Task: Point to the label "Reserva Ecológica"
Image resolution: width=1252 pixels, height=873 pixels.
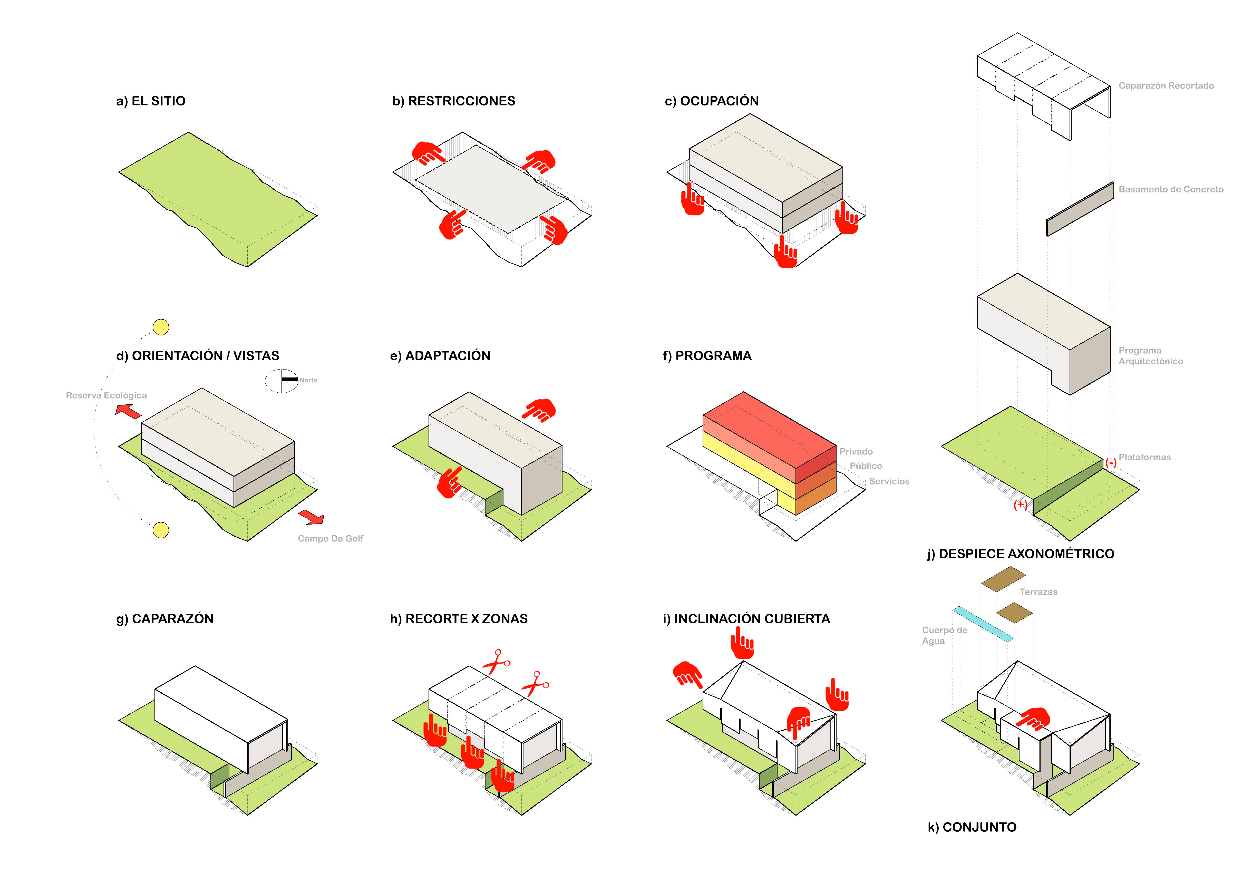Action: pyautogui.click(x=106, y=395)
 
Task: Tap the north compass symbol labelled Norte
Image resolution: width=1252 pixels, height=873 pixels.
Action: pyautogui.click(x=281, y=381)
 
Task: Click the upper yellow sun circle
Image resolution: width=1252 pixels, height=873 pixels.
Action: pyautogui.click(x=161, y=327)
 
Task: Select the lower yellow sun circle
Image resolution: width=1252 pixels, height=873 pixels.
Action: pyautogui.click(x=161, y=530)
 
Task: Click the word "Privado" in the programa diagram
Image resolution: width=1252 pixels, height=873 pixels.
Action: pyautogui.click(x=856, y=451)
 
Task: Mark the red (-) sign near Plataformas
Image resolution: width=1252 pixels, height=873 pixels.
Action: pyautogui.click(x=1111, y=463)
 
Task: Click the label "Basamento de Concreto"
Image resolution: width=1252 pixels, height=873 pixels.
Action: pyautogui.click(x=1171, y=189)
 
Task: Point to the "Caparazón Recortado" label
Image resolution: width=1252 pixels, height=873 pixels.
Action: pyautogui.click(x=1166, y=86)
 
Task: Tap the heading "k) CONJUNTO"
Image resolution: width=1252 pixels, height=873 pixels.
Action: pyautogui.click(x=972, y=827)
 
